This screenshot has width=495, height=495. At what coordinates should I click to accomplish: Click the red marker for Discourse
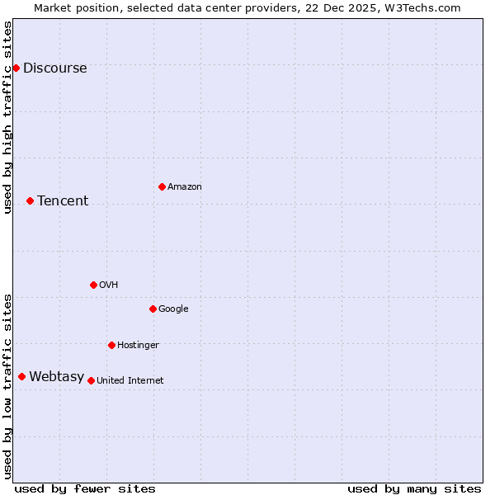pos(16,68)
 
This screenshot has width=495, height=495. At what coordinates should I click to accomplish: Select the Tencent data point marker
pos(30,200)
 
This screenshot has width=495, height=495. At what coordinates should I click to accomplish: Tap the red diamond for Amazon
pos(162,186)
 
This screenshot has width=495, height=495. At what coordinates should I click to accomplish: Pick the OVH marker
pos(93,285)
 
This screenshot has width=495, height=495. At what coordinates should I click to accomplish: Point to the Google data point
pos(153,309)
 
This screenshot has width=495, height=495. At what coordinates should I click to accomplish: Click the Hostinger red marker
pos(111,345)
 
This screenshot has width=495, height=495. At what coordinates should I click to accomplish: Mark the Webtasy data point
pos(21,376)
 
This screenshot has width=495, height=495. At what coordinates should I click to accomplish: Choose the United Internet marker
pos(91,380)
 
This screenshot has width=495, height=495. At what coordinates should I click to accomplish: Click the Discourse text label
pos(54,68)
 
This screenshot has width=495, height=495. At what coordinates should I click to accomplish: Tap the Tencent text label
pos(63,201)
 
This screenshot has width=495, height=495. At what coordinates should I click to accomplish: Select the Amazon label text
pos(185,187)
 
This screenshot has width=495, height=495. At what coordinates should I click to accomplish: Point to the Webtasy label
pos(56,377)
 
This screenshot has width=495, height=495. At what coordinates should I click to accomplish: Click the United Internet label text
pos(130,381)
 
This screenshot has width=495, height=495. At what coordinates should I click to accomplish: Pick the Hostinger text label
pos(138,345)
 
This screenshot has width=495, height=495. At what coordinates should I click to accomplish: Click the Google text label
pos(173,309)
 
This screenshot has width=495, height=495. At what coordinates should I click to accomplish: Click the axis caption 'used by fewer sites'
pos(85,488)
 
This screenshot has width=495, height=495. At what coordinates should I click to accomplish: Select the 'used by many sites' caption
pos(414,488)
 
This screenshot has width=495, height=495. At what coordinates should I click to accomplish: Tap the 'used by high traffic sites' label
pos(8,117)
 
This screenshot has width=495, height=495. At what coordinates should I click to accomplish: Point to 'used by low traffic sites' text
pos(8,386)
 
